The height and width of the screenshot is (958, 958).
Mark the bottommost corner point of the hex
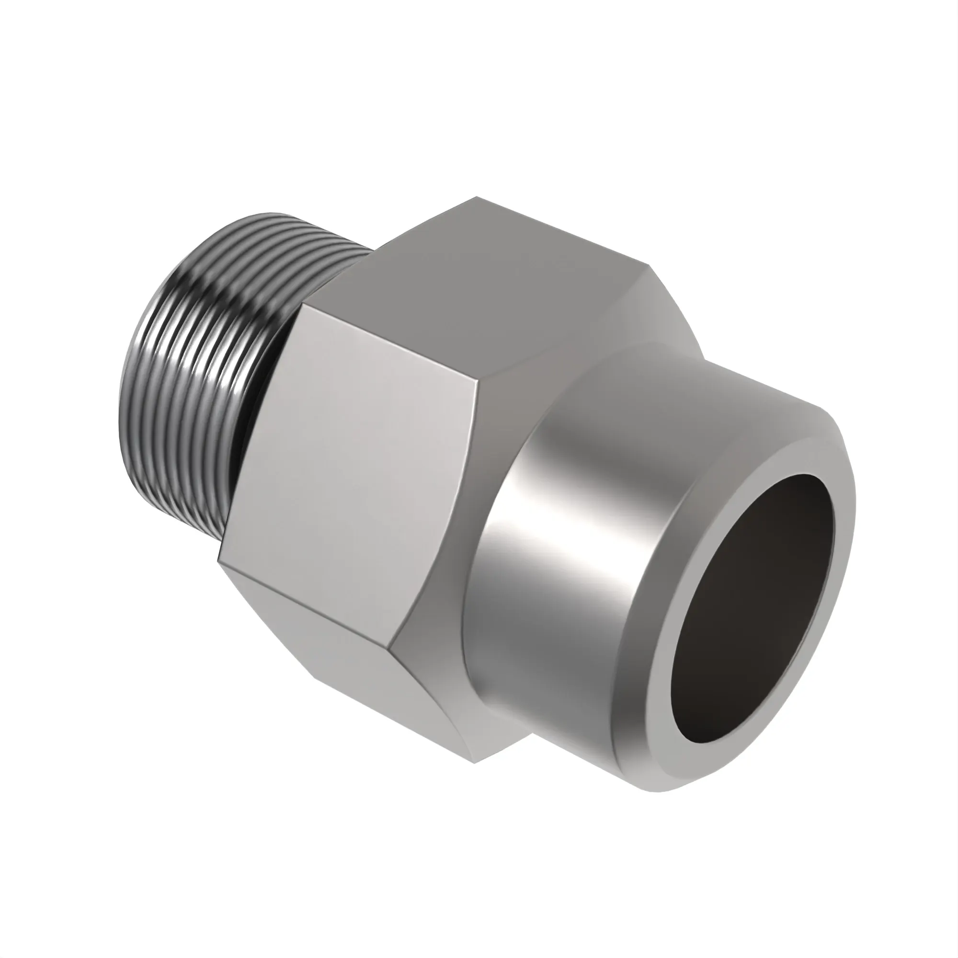pos(474,764)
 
